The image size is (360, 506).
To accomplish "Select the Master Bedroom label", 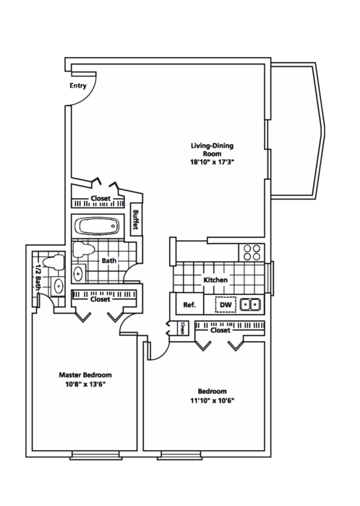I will (x=85, y=375).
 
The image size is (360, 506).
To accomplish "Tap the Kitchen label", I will (x=215, y=280).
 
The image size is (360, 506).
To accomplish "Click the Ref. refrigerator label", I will (x=189, y=305).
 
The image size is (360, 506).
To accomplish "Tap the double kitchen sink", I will (x=250, y=304).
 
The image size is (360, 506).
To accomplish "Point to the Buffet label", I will (x=135, y=221).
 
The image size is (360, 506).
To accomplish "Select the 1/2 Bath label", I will (x=36, y=278).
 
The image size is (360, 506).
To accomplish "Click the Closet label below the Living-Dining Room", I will (x=100, y=200).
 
